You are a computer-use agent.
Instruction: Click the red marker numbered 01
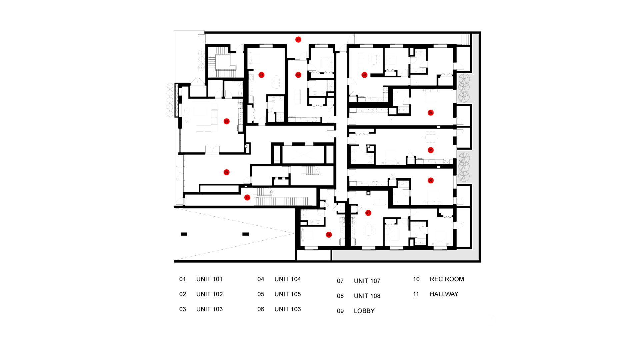[x=261, y=75]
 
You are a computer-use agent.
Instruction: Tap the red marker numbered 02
[x=298, y=75]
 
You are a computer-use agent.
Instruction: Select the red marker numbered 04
[x=430, y=113]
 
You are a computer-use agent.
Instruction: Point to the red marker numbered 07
[x=368, y=213]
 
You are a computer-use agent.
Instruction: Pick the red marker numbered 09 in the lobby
[x=226, y=172]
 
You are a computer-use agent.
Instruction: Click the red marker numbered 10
[x=226, y=121]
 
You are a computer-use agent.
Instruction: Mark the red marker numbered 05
[x=430, y=150]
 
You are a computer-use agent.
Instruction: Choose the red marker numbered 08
[x=329, y=235]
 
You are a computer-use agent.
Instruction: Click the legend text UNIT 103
[x=209, y=309]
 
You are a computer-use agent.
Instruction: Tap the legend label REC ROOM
[x=447, y=279]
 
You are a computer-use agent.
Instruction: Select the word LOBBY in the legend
[x=364, y=311]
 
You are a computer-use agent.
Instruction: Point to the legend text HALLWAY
[x=444, y=294]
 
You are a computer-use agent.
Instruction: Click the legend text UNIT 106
[x=287, y=309]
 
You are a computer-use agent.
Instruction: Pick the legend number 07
[x=340, y=281]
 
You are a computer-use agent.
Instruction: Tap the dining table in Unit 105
[x=431, y=137]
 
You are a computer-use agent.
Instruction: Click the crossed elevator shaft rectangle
[x=303, y=155]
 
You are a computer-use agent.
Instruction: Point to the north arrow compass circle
[x=490, y=320]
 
